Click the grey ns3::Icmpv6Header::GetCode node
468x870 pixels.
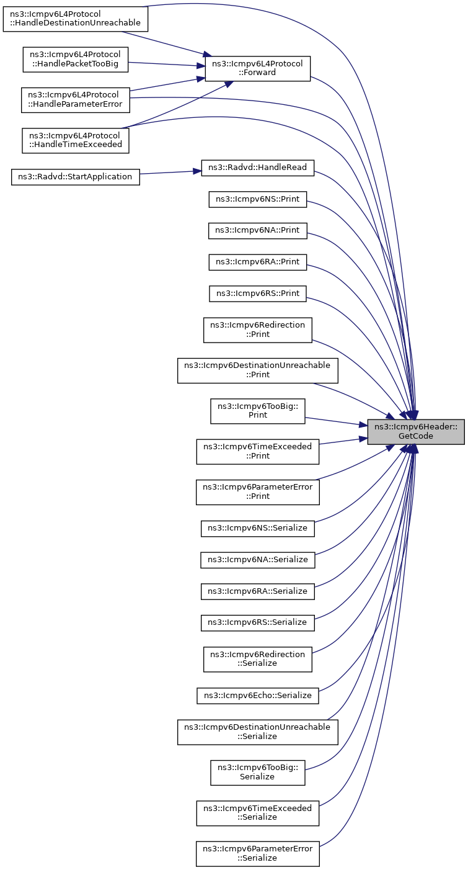coord(415,431)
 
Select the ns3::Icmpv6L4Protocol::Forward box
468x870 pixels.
coord(258,68)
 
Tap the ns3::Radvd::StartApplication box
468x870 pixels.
coord(75,177)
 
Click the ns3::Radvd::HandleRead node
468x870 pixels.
coord(258,168)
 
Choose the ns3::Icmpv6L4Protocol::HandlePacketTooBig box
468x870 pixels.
coord(75,60)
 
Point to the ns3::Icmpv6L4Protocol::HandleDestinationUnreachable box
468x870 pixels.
coord(75,19)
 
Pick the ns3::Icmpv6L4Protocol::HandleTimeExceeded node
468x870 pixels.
coord(75,140)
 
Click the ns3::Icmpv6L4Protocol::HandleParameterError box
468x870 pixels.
coord(75,100)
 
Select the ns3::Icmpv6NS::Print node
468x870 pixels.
coord(258,199)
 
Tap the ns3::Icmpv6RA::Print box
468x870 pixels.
coord(258,262)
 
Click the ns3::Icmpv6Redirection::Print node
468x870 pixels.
coord(258,330)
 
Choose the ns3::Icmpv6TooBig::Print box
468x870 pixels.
coord(258,411)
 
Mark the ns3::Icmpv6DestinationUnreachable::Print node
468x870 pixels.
coord(258,370)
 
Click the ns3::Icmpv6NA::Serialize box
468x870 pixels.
coord(258,560)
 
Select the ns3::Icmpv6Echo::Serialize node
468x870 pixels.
coord(258,696)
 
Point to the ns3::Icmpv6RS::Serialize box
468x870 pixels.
coord(258,622)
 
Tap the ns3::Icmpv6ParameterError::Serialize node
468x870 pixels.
coord(258,854)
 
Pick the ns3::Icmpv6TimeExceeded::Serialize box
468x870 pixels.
coord(258,813)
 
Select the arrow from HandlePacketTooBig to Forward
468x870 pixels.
coord(167,64)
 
